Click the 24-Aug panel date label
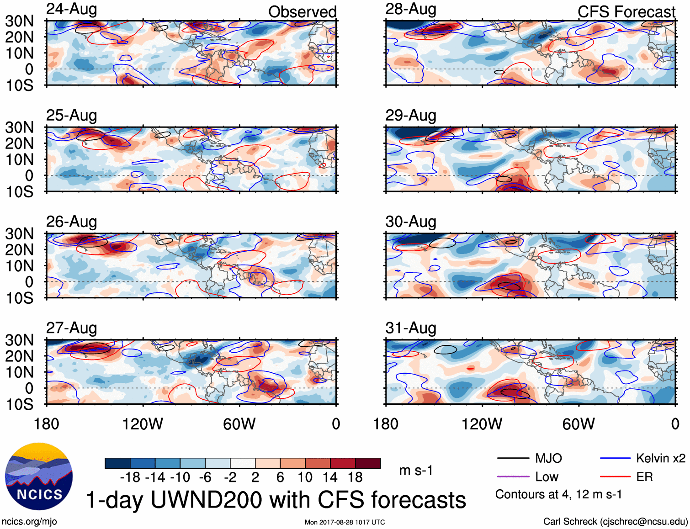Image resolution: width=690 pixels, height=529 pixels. coord(72,9)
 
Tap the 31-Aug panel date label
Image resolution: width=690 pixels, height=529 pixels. coord(411,328)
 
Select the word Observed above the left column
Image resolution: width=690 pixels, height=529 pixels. coord(302,12)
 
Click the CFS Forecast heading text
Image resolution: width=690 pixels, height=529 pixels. coord(626,12)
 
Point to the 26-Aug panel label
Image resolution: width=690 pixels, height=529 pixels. coord(72,222)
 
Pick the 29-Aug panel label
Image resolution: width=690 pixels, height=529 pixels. coord(411,115)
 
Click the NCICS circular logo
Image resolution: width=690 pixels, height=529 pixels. coord(39,476)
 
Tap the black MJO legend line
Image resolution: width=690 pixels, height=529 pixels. coord(512,458)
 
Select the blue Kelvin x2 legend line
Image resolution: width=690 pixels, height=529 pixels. coord(615,458)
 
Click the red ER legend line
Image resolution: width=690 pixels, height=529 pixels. coord(615,477)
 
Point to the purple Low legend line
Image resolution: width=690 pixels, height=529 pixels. coord(512,477)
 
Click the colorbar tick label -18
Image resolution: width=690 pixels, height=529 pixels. coord(130,477)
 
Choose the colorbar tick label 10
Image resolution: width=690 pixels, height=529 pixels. coord(305,477)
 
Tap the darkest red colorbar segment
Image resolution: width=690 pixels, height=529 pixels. coord(368,463)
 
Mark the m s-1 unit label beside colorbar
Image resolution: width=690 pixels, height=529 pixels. coord(416,470)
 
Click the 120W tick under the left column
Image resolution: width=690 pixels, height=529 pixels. coord(143,424)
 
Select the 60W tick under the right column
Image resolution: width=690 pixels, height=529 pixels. coord(579,424)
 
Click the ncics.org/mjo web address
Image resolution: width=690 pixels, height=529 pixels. coord(29,522)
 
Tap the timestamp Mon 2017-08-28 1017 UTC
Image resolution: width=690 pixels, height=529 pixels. coord(345,522)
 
